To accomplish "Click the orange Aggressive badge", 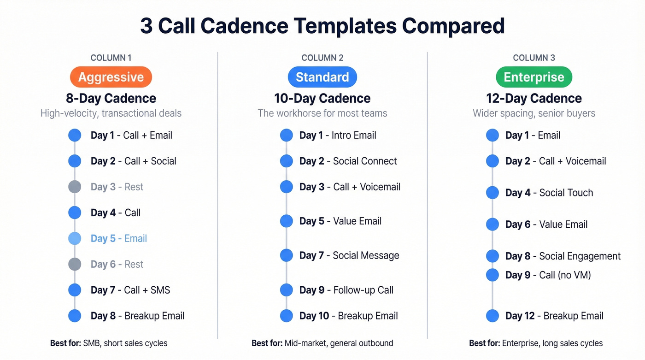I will coord(111,77).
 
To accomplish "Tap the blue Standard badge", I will coord(322,77).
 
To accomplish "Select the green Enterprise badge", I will coord(534,77).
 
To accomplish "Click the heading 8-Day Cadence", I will coord(111,98).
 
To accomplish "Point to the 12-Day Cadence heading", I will coord(534,98).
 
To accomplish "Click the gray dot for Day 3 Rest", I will coord(75,187).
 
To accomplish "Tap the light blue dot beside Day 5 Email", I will coord(75,238).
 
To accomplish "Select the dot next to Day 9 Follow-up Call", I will coord(287,290).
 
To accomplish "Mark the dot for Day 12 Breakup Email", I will coord(493,316).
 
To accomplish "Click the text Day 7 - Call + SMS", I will coord(130,290).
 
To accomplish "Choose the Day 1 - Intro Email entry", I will coord(338,135).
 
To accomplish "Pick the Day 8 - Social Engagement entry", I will coord(563,256).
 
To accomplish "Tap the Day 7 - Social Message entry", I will coord(349,255).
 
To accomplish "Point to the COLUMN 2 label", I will coord(322,58).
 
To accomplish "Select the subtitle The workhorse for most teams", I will coord(322,113).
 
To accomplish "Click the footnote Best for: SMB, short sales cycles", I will coord(109,343).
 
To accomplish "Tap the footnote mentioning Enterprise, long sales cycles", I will coord(536,343).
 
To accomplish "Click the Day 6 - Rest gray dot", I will coord(75,264).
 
